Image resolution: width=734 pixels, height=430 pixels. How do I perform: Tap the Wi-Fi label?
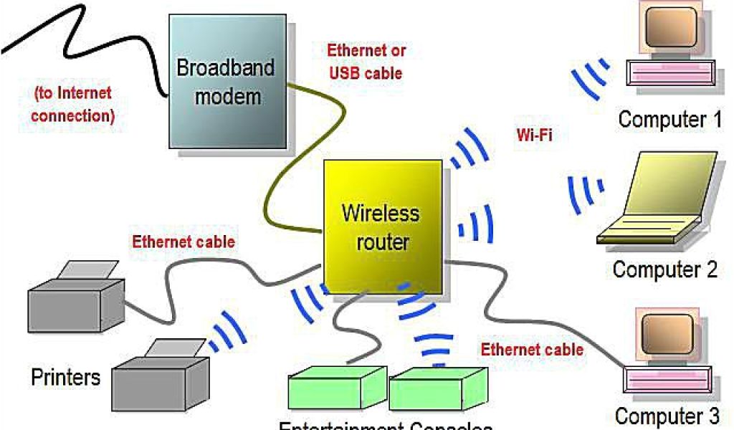click(x=533, y=134)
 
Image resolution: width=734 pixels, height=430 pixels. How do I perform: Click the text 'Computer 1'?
click(x=669, y=119)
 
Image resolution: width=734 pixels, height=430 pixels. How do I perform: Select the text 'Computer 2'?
click(x=664, y=269)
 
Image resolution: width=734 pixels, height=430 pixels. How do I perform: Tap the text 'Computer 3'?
click(x=667, y=416)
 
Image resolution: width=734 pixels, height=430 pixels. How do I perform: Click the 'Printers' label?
click(x=66, y=377)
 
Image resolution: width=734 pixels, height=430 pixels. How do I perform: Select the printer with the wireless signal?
click(x=159, y=373)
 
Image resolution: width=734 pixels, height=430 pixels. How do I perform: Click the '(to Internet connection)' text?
click(x=74, y=104)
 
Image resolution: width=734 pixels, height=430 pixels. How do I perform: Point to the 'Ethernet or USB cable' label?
click(x=366, y=62)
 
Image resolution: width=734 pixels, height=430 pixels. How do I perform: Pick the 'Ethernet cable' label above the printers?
click(x=183, y=242)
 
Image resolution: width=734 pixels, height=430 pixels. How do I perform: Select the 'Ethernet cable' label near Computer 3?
click(x=531, y=350)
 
